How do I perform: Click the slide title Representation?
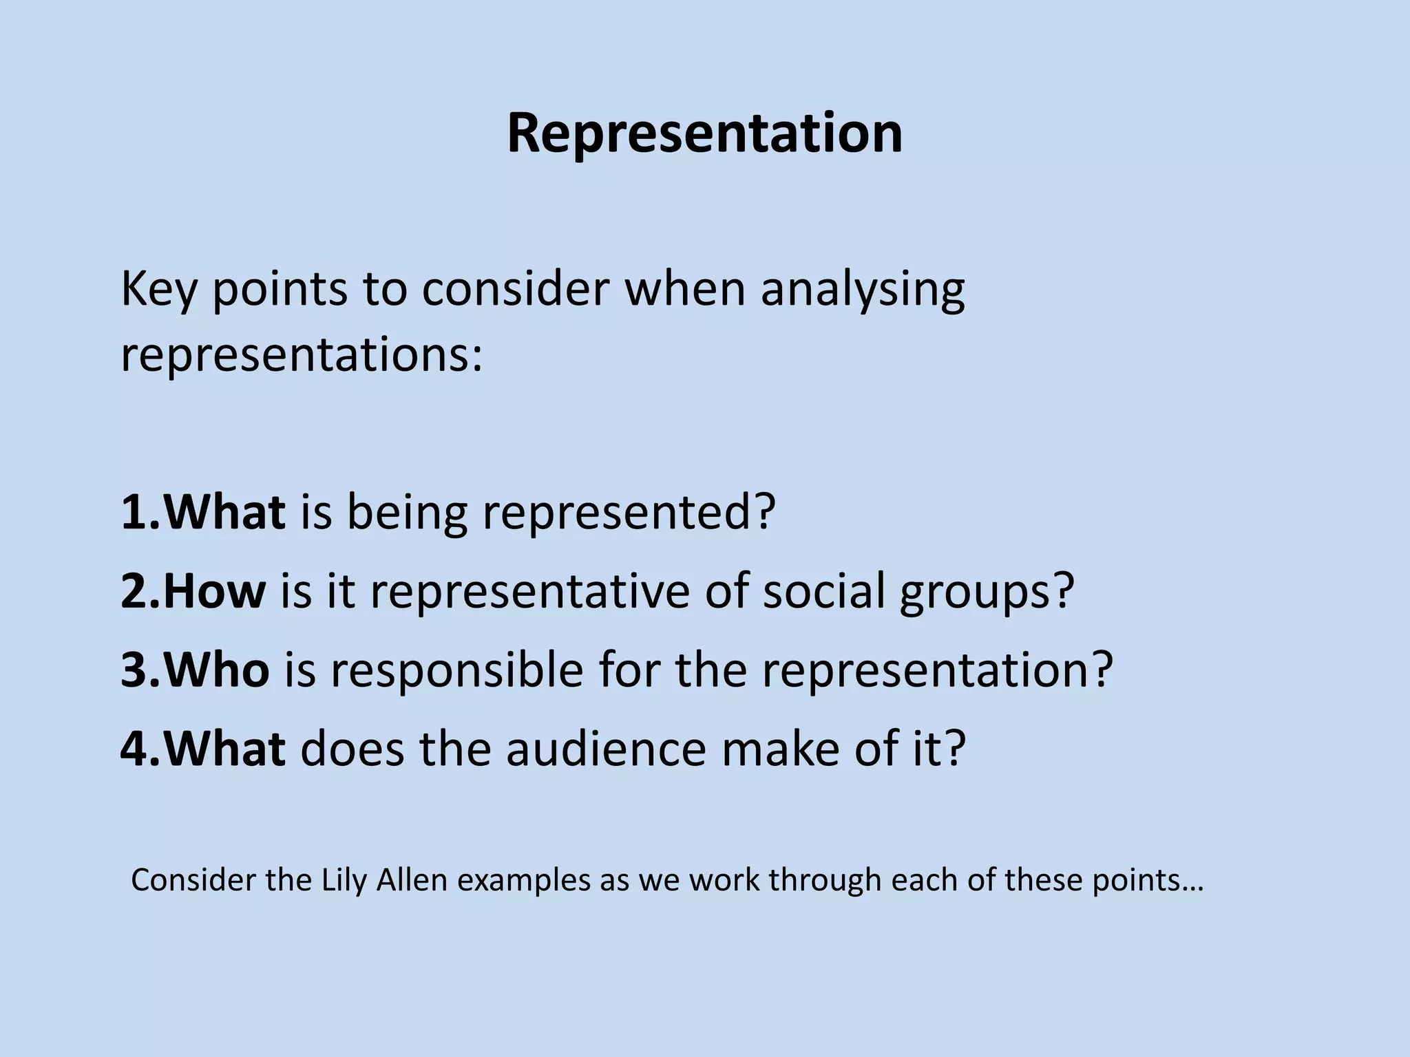tap(704, 133)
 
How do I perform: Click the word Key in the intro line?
tap(158, 290)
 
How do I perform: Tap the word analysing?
tap(862, 290)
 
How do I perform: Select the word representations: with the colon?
tap(302, 356)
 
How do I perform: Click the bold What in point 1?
tap(224, 513)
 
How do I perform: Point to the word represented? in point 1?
tap(629, 513)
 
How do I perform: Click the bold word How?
tap(213, 591)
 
